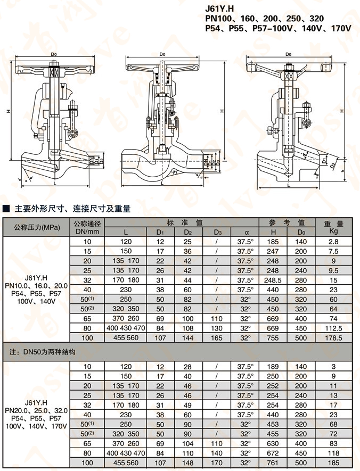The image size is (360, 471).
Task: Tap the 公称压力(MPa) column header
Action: click(x=37, y=227)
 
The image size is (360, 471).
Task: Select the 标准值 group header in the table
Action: click(x=181, y=222)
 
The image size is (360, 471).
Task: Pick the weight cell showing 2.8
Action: click(x=334, y=241)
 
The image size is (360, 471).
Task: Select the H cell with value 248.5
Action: click(x=272, y=280)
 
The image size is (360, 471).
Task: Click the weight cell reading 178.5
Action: click(x=334, y=337)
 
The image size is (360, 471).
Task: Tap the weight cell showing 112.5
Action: click(x=334, y=328)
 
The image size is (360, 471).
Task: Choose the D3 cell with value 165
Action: click(x=217, y=337)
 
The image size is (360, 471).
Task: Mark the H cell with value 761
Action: click(x=272, y=463)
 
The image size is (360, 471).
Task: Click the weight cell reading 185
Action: click(x=334, y=463)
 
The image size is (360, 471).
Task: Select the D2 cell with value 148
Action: click(x=188, y=463)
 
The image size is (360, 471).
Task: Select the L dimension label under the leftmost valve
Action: click(x=54, y=183)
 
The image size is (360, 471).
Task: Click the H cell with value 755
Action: click(x=272, y=337)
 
